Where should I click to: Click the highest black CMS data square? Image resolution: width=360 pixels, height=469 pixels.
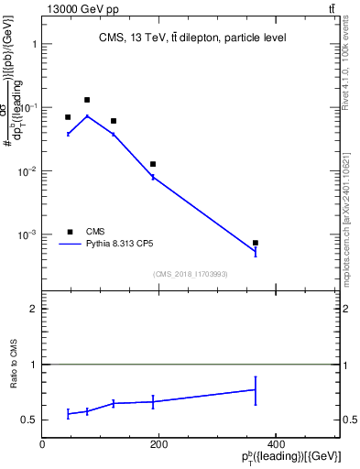click(87, 100)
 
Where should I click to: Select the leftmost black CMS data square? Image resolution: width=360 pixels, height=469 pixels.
click(68, 117)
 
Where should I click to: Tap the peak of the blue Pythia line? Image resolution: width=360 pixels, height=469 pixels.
click(87, 115)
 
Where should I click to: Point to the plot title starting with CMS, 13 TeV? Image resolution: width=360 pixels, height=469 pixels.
click(192, 38)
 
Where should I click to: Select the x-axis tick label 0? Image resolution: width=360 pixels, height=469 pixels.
click(42, 444)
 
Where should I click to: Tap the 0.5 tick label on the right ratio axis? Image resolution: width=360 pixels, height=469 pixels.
click(351, 420)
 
